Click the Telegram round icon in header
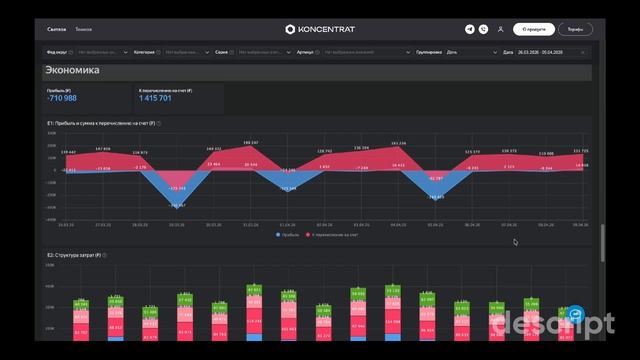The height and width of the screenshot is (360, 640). pyautogui.click(x=470, y=29)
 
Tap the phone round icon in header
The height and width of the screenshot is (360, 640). pyautogui.click(x=483, y=29)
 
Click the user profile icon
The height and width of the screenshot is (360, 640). pyautogui.click(x=499, y=29)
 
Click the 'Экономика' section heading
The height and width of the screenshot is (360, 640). pyautogui.click(x=72, y=71)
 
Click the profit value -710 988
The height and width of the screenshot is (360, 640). pyautogui.click(x=62, y=98)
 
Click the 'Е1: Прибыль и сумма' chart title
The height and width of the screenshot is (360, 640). pyautogui.click(x=100, y=123)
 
